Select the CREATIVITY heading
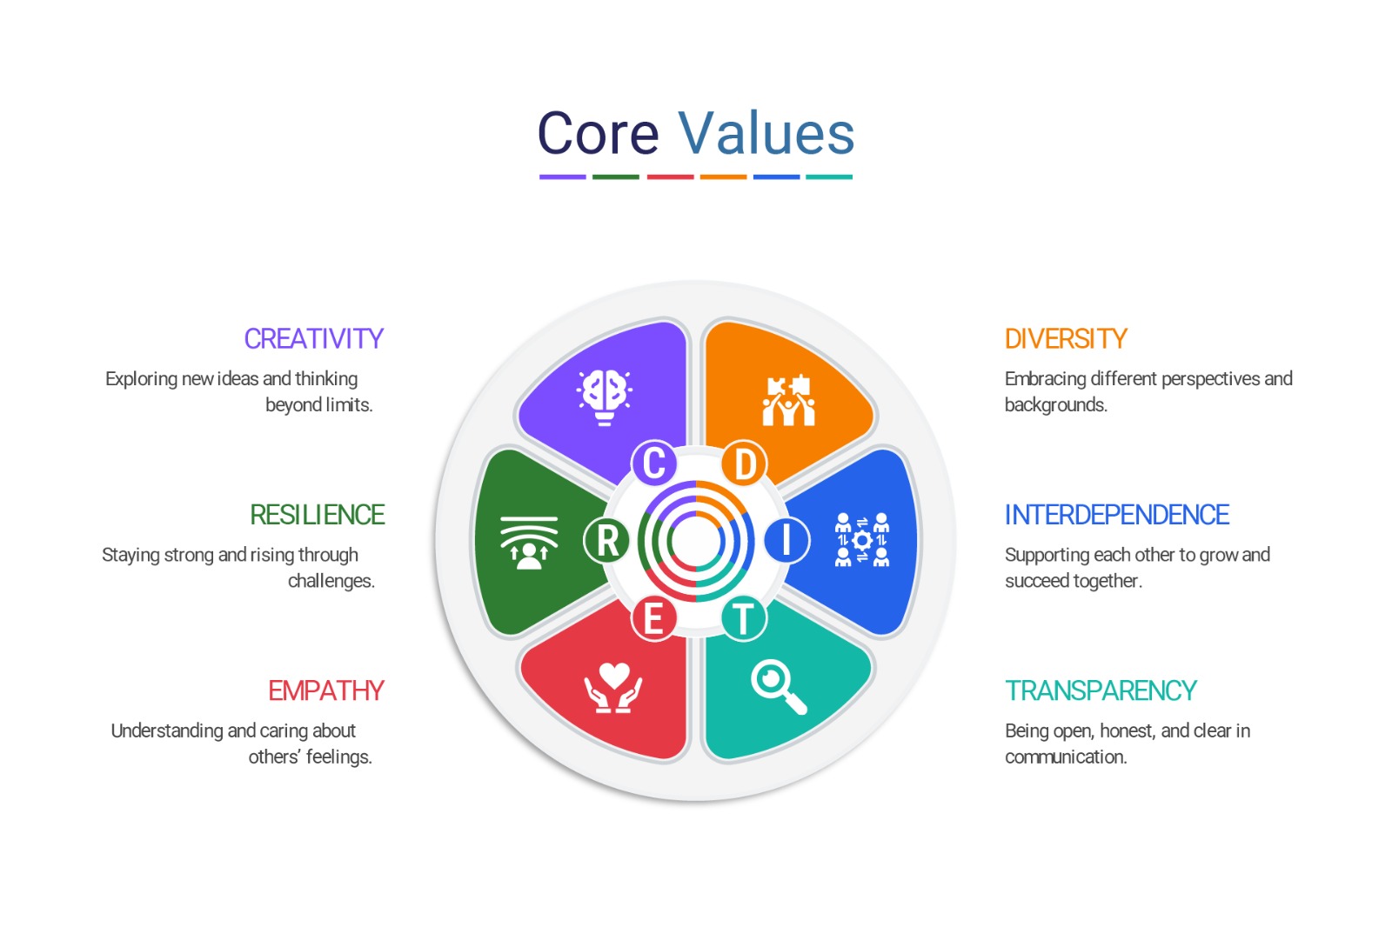tap(313, 338)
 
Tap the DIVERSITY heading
tap(1066, 338)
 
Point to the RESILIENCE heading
tap(317, 515)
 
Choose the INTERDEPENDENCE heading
tap(1116, 515)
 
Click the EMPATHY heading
tap(325, 690)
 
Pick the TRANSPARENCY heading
tap(1101, 690)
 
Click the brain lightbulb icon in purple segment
tap(605, 397)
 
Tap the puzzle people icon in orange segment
tap(788, 401)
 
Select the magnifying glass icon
tap(778, 686)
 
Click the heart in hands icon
tap(613, 688)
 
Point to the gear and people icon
tap(862, 540)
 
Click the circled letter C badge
tap(654, 463)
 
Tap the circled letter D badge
tap(744, 463)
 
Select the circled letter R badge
tap(606, 540)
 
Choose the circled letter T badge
tap(743, 618)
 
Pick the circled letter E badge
tap(653, 619)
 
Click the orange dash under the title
tap(723, 177)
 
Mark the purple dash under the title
tap(562, 177)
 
